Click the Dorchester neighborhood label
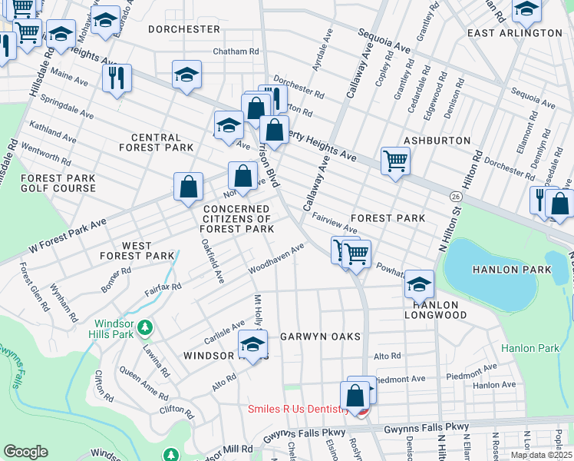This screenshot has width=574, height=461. pyautogui.click(x=183, y=29)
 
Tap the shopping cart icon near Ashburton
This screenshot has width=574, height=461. pyautogui.click(x=395, y=161)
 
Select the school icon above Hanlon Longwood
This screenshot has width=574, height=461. pyautogui.click(x=419, y=284)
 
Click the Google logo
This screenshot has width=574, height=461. pyautogui.click(x=25, y=452)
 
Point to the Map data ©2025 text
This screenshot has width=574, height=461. pyautogui.click(x=540, y=455)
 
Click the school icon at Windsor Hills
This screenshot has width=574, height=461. pyautogui.click(x=253, y=345)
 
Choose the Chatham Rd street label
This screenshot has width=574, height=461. pyautogui.click(x=236, y=51)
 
